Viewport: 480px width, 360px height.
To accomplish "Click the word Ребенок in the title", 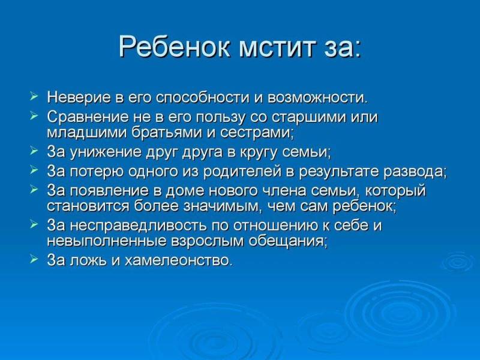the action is (175, 47).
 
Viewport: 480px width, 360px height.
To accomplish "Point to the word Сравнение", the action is (88, 117).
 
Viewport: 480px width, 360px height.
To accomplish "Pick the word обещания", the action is (287, 242).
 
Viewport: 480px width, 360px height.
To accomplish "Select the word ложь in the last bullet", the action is (88, 260).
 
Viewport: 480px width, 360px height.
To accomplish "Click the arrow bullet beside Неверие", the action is (34, 97).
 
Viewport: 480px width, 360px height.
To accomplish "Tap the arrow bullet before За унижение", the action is (34, 151).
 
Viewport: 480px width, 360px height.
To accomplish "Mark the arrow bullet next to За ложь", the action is (34, 260).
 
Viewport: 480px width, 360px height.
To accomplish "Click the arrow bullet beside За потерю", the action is (34, 170).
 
